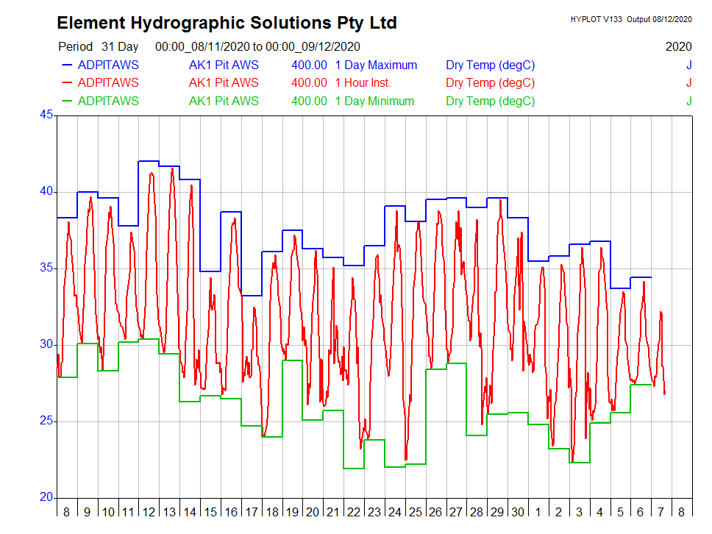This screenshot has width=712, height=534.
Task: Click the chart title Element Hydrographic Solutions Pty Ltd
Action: click(x=227, y=23)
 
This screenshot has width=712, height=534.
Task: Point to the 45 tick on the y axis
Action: click(x=46, y=115)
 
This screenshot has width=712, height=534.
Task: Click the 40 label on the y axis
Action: click(x=46, y=191)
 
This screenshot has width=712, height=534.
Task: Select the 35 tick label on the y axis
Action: click(x=46, y=268)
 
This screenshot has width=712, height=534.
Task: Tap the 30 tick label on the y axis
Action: click(x=46, y=344)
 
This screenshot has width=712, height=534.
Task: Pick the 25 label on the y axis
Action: click(x=46, y=421)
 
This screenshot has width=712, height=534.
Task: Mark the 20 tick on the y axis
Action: click(x=46, y=497)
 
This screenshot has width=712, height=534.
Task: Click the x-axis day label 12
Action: click(x=149, y=512)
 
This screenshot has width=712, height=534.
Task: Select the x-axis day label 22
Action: click(x=354, y=512)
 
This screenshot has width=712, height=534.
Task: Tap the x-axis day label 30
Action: click(x=518, y=512)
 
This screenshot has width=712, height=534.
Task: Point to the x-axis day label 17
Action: click(x=252, y=512)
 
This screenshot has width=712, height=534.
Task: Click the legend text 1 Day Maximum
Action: click(x=376, y=65)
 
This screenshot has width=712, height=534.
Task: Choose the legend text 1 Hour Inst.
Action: click(x=363, y=83)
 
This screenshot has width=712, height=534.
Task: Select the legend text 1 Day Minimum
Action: click(x=374, y=101)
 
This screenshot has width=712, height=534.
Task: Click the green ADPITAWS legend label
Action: click(x=107, y=101)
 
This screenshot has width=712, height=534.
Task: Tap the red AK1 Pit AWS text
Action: click(x=224, y=83)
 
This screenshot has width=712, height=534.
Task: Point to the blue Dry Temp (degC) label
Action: click(x=490, y=65)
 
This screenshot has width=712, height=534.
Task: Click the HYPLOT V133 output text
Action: click(x=631, y=19)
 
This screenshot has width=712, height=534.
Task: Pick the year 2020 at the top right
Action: click(x=678, y=46)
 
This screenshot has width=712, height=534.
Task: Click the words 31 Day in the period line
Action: click(x=120, y=46)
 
